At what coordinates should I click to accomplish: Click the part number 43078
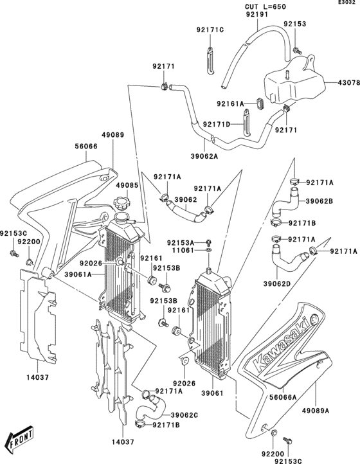pos(345,83)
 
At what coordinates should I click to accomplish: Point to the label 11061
pos(184,250)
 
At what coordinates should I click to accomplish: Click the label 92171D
pos(217,124)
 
